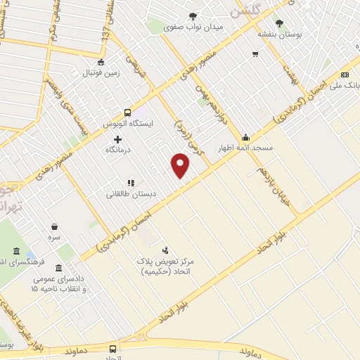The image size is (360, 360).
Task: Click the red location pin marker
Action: [181, 167]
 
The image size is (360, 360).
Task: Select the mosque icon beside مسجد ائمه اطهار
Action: [245, 137]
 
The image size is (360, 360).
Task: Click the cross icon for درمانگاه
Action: [117, 139]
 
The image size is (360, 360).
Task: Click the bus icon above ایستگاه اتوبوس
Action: [127, 112]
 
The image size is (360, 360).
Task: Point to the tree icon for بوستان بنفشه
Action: [281, 22]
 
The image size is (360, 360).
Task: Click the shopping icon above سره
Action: [54, 226]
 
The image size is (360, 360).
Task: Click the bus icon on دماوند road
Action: [112, 348]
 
